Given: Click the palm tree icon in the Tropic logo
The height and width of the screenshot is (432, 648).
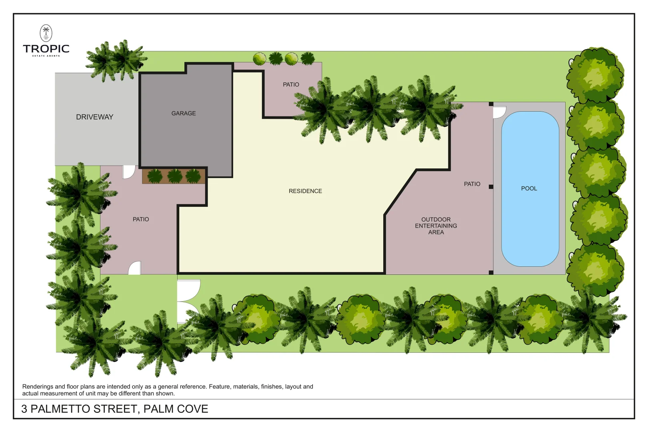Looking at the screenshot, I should (x=46, y=33).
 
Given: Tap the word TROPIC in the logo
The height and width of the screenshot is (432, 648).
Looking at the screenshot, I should (x=46, y=49).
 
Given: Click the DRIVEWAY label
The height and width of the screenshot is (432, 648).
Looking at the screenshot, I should (x=94, y=117).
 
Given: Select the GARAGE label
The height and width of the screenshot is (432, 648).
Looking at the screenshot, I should (x=184, y=113).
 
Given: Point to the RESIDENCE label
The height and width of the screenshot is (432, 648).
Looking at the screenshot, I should (x=305, y=191).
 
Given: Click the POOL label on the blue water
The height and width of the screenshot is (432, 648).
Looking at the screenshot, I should (x=529, y=188).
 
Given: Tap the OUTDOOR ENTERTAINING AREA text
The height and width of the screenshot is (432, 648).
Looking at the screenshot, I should (x=436, y=226).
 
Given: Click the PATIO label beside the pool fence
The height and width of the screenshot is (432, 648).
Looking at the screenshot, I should (x=472, y=184).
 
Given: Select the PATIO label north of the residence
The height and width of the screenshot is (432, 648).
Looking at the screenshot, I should (x=291, y=84).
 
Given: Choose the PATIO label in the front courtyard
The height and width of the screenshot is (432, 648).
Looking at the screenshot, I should (x=141, y=219).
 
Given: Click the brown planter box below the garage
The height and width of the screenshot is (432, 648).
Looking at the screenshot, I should (x=174, y=176).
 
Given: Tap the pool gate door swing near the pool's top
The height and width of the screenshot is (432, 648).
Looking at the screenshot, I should (x=499, y=112).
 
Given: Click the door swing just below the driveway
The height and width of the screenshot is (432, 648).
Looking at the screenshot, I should (x=128, y=172).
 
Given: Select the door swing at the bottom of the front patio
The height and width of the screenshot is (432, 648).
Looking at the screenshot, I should (x=135, y=268).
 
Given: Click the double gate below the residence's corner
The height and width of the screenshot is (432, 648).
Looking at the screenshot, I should (x=188, y=301).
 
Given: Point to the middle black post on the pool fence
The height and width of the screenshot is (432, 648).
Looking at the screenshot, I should (x=491, y=187).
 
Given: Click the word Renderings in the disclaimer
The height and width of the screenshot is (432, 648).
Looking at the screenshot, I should (x=38, y=386).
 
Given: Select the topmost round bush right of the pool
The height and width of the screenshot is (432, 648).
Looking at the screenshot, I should (x=595, y=75).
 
